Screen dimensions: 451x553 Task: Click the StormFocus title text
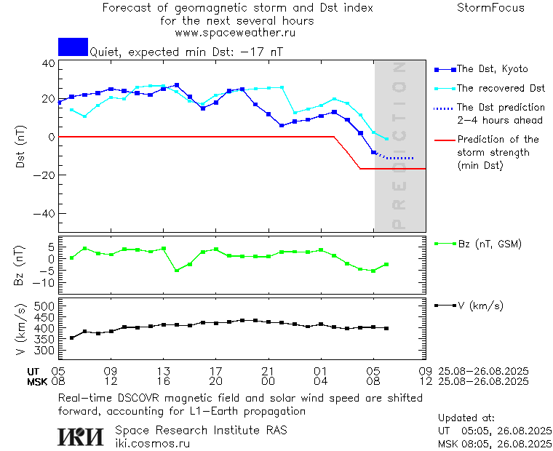(490, 8)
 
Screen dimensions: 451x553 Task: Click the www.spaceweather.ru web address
(235, 33)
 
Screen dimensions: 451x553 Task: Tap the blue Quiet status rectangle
(73, 47)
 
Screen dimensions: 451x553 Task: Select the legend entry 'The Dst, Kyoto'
(492, 69)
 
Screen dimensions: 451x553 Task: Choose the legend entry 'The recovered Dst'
(501, 89)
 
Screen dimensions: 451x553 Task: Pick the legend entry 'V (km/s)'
(480, 306)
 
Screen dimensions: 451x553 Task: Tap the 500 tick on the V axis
(45, 307)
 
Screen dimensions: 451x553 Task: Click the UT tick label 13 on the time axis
(164, 370)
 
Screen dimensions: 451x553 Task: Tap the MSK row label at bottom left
(37, 381)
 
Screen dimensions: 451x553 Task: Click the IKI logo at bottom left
(80, 436)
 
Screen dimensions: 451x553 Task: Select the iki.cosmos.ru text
(152, 442)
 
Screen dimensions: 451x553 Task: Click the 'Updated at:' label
(466, 418)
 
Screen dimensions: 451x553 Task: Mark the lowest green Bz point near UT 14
(176, 271)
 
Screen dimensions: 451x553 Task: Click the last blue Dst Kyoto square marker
(374, 152)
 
